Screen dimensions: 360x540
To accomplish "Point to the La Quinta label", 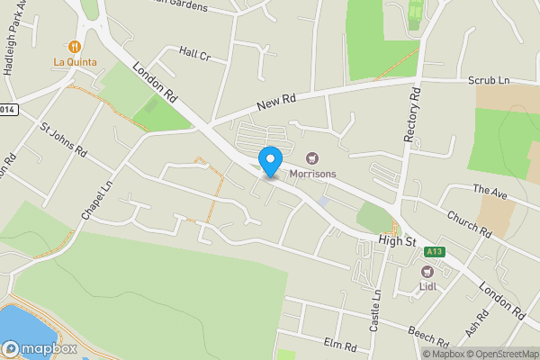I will tap(75, 62).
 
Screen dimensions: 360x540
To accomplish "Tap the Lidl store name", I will tap(427, 287).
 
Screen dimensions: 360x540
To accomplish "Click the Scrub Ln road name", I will tap(489, 81).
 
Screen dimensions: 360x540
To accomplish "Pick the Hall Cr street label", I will tap(194, 55).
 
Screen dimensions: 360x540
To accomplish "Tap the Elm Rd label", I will tap(341, 346).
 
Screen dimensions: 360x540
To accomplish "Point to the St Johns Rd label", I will tap(62, 139).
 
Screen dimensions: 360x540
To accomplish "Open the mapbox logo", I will tap(40, 348).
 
